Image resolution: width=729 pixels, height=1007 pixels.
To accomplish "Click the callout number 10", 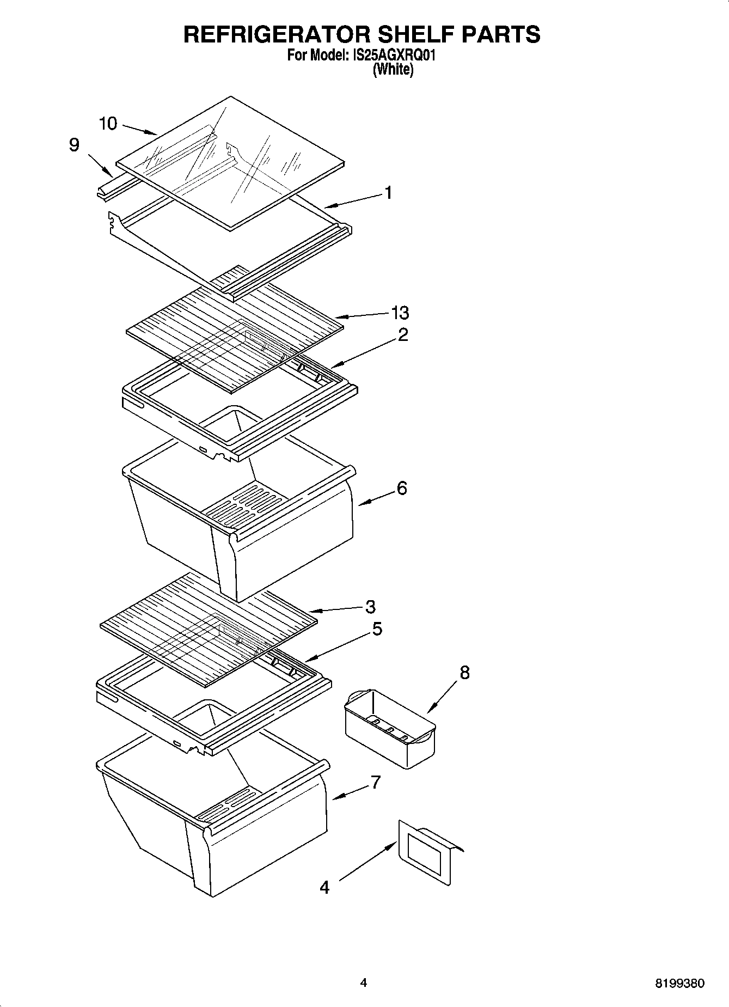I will point(108,124).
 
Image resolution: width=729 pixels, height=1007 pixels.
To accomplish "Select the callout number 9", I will point(74,145).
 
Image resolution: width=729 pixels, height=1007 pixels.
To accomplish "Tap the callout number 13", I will point(400,313).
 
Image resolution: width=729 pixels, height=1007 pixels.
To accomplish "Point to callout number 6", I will point(401,488).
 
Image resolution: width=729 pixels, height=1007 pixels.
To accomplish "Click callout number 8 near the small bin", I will point(464,673).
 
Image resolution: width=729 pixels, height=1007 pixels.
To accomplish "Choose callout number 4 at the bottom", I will point(324,887).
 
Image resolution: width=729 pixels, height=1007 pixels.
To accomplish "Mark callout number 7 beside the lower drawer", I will point(375,783).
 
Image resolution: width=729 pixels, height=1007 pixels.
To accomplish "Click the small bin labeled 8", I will point(390,728).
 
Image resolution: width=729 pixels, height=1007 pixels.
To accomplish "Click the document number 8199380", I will point(679,984).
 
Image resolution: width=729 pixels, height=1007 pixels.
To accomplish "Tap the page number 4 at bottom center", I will point(363,982).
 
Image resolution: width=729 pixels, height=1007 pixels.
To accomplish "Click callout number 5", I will point(377,629).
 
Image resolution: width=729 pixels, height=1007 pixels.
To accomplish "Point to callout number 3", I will point(370,606).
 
